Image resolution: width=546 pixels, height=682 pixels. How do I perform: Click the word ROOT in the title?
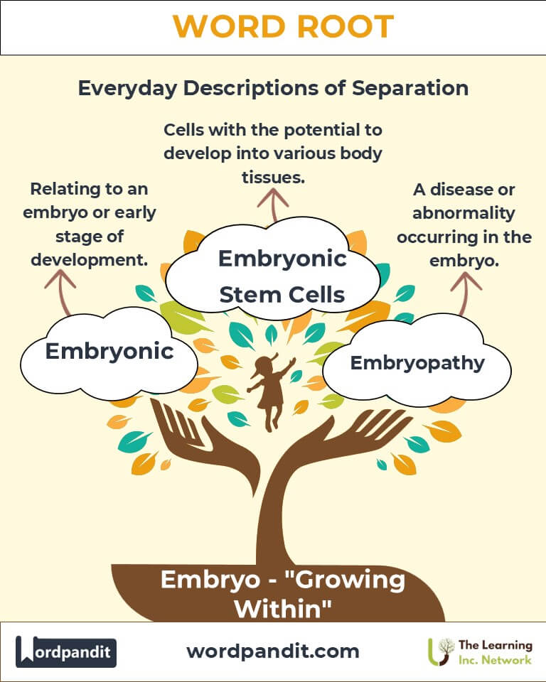tap(346, 26)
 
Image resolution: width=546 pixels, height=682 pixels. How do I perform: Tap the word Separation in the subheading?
tap(410, 88)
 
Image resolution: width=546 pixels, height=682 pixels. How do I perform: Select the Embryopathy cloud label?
tap(417, 363)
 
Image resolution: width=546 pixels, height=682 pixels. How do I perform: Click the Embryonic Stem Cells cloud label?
tap(282, 276)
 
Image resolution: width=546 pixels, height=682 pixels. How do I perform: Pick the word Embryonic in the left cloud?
tap(109, 351)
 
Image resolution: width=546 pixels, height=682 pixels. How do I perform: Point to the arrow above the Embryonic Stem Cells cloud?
tap(273, 205)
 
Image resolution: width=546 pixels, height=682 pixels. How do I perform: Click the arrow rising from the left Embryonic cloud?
tap(60, 292)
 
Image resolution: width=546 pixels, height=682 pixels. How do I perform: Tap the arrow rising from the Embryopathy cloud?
tap(466, 293)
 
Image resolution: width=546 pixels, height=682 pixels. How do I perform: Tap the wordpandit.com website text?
tap(273, 651)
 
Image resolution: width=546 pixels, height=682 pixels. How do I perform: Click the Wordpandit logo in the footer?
tap(65, 651)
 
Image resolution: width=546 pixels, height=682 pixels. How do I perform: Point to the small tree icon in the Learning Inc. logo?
tap(441, 651)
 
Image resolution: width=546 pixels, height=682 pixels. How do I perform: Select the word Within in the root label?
tap(283, 609)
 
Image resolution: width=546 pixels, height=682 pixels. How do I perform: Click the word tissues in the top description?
tap(273, 178)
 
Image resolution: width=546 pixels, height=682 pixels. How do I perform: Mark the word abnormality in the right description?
tap(464, 213)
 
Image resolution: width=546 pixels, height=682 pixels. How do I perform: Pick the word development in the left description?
tap(90, 261)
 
